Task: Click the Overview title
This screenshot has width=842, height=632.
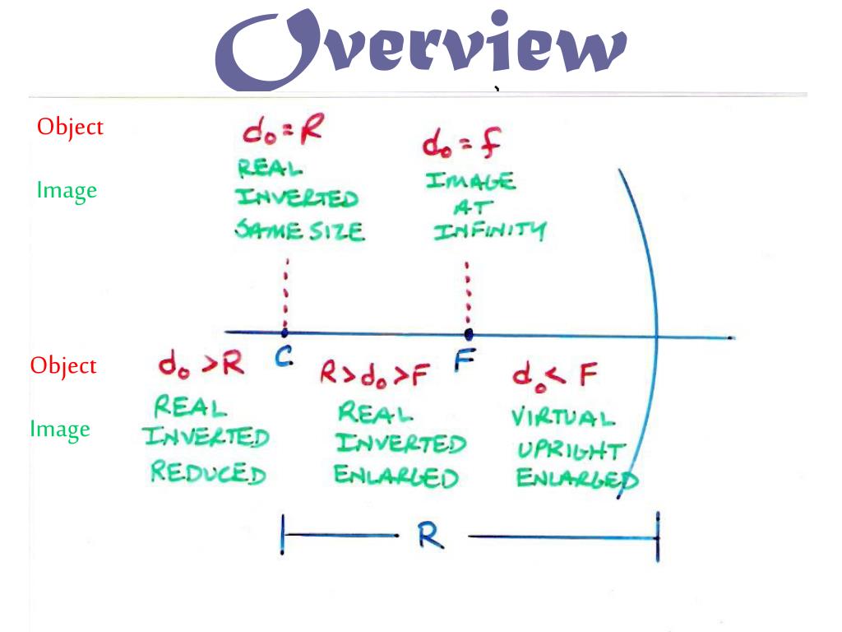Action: coord(421,49)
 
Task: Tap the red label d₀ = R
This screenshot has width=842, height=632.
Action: coord(281,132)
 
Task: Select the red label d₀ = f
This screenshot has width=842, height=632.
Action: coord(462,144)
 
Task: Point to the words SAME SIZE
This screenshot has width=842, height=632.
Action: coord(299,231)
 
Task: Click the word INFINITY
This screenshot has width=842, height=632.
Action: coord(489,231)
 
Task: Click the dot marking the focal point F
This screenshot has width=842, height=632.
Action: coord(469,334)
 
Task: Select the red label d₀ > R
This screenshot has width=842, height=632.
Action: coord(201,364)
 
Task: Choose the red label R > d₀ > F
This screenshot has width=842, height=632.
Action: coord(375,375)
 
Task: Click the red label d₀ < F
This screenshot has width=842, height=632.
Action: coord(553,376)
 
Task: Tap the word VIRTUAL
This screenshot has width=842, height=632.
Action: coord(562,416)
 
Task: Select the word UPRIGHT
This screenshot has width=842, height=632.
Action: coord(571,451)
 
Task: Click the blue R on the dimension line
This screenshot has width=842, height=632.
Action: coord(430,536)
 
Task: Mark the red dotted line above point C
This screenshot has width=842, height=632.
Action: coord(285,292)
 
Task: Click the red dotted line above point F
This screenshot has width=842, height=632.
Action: coord(468,292)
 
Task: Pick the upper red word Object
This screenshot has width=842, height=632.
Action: coord(70,128)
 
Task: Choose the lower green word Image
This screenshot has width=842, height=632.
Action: coord(60,429)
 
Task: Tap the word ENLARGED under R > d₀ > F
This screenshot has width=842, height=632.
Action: coord(396,476)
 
